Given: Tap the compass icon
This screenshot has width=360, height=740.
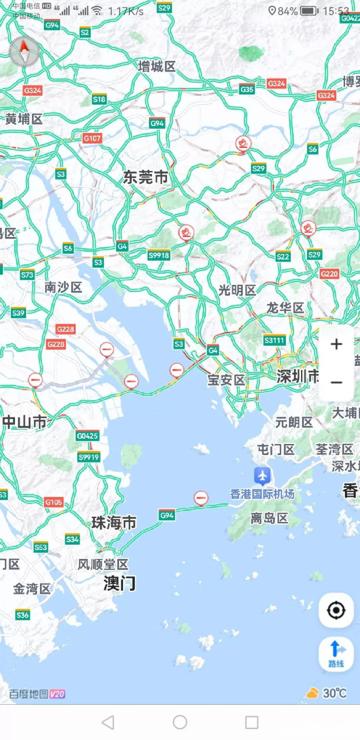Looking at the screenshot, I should point(24,52).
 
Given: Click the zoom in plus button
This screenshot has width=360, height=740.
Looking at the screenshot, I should point(336,345).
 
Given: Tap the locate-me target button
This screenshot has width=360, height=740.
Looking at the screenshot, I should point(336,610).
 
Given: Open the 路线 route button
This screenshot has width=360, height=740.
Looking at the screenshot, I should point(336,654).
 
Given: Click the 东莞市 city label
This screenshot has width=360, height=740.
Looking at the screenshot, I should point(145,177).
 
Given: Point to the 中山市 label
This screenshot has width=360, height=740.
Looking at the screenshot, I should point(24,422).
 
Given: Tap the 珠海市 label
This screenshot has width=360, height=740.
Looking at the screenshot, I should point(114,523).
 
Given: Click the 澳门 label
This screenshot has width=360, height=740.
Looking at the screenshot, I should point(120,583).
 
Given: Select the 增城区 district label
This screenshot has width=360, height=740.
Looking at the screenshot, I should point(157,66).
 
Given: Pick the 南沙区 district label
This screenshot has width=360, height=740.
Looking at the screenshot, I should point(64,287).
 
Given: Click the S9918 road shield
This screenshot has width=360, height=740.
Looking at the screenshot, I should point(159,255).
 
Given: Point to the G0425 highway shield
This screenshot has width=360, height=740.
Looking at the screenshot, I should point(87,435).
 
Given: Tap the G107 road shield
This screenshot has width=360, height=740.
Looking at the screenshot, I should point(92,138).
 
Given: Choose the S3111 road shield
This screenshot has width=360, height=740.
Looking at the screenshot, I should point(274,340).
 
